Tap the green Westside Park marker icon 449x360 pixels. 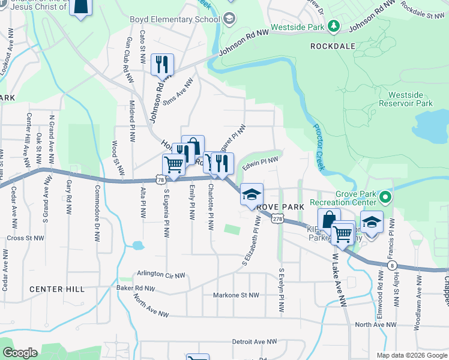coord(333,26)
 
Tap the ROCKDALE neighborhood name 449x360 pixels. coord(333,46)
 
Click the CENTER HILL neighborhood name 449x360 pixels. coord(57,289)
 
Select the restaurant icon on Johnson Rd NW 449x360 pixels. coord(161,65)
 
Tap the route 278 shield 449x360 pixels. coord(277,220)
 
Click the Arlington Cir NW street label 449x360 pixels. coord(161,274)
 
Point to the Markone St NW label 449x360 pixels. coord(236,295)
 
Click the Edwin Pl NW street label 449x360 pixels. coord(260,162)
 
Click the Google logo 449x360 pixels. coord(20,353)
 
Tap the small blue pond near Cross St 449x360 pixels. coord(138,245)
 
